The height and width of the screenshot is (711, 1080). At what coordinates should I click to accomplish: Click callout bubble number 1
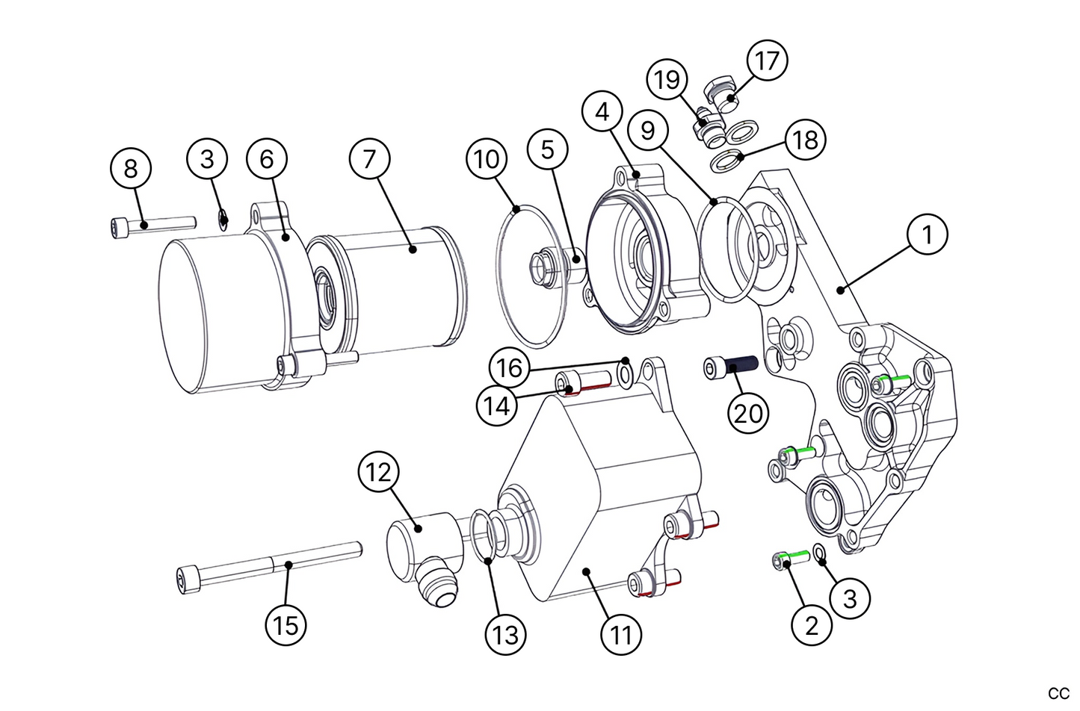pos(927,235)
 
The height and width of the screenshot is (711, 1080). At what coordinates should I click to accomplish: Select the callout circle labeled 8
pos(131,169)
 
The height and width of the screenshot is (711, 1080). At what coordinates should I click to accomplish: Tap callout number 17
pos(767,60)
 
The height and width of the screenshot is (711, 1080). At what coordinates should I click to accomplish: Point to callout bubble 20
pos(748,412)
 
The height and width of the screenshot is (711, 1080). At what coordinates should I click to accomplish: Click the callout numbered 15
pos(286,624)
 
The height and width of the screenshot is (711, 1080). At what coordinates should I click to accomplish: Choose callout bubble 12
pos(379,473)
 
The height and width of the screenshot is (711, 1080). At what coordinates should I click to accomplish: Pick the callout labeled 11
pos(621,635)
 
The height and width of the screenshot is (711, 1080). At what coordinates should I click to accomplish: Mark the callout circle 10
pos(487,159)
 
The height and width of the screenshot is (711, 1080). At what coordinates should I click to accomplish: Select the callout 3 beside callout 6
pos(207,158)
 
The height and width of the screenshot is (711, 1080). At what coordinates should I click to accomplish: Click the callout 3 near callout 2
pos(850,598)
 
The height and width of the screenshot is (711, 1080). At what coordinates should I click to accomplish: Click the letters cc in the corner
pos(1058,692)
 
